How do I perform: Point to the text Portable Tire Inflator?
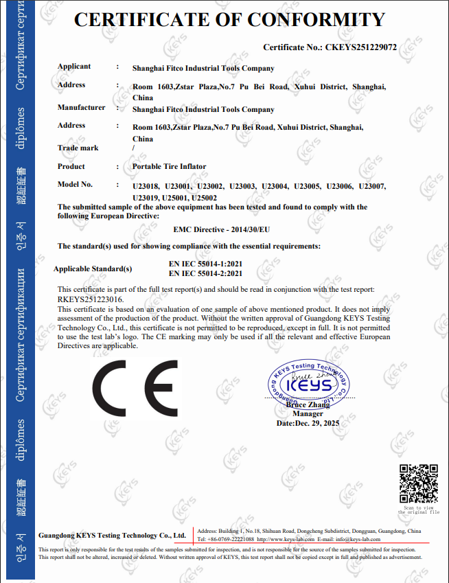pyautogui.click(x=169, y=166)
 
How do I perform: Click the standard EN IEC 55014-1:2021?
pyautogui.click(x=205, y=264)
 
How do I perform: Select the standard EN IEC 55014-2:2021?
pyautogui.click(x=205, y=273)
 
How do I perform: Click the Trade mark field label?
pyautogui.click(x=78, y=148)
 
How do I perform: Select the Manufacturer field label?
pyautogui.click(x=81, y=107)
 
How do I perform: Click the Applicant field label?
pyautogui.click(x=74, y=67)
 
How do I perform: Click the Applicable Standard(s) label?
pyautogui.click(x=93, y=268)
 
